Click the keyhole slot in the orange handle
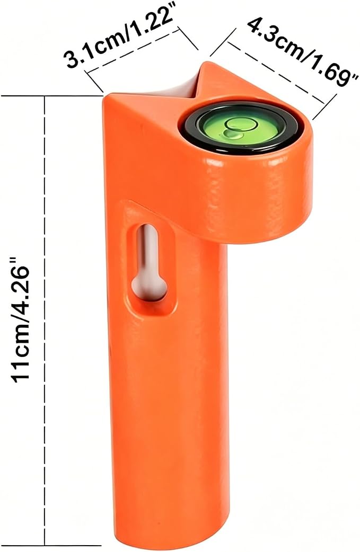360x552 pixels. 149,262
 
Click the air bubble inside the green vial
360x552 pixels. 232,134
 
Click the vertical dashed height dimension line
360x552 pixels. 45,320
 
